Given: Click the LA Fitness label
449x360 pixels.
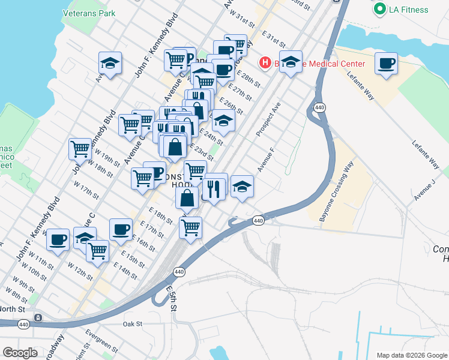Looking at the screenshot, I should coord(409,10).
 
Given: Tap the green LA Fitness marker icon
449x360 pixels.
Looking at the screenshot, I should coord(379,9).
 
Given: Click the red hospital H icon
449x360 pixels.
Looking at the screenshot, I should coord(265,62).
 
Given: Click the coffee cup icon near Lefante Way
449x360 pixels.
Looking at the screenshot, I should coord(386,63).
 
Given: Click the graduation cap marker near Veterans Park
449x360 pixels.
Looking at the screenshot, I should coord(110,63).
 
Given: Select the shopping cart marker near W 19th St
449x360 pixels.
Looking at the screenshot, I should coord(80,148).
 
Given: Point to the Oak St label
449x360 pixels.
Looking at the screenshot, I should coord(131,324).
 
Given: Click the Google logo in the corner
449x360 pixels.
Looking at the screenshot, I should coord(20,353).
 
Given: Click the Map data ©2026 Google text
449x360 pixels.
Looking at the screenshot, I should coord(412,355).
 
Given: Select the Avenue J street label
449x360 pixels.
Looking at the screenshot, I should coord(424,189).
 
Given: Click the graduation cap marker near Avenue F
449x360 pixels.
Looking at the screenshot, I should coord(242,186).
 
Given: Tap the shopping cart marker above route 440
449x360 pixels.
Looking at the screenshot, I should coord(190,227).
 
